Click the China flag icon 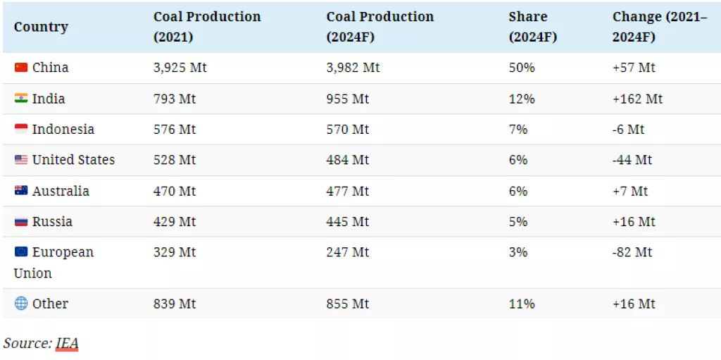click(x=20, y=68)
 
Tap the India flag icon click(x=20, y=99)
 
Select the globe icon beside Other click(x=20, y=304)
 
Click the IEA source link click(x=67, y=343)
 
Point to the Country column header click(x=41, y=27)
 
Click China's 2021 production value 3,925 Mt click(x=180, y=68)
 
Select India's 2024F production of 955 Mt click(x=348, y=99)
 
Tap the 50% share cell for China click(x=522, y=68)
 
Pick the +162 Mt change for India click(x=637, y=99)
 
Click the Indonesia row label click(x=63, y=130)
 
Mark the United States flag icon click(x=20, y=160)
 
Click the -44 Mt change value click(x=632, y=160)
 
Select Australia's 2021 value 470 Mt click(x=175, y=191)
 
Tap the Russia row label click(x=52, y=222)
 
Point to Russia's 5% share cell click(x=518, y=222)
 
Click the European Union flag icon click(x=20, y=252)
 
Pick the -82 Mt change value click(x=632, y=252)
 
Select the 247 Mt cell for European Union click(x=348, y=252)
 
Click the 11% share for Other click(x=522, y=304)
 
